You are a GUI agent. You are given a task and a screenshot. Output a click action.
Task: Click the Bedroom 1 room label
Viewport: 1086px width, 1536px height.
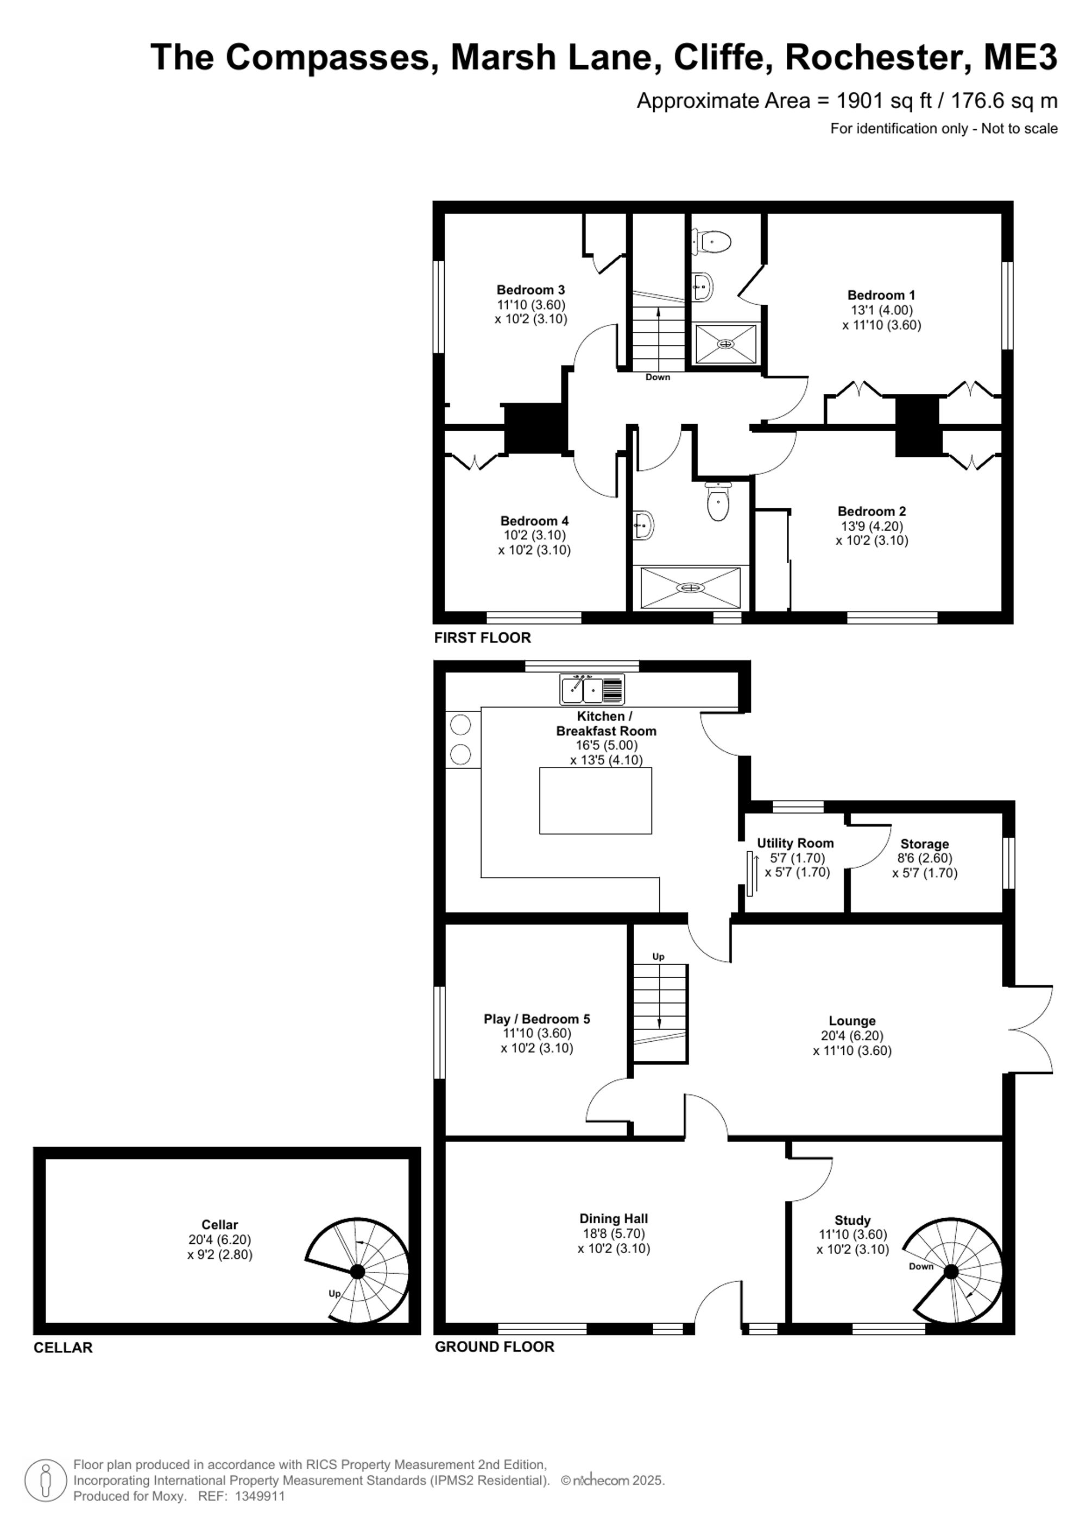coord(881,295)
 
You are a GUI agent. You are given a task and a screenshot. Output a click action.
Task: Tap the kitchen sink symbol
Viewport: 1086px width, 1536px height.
coord(592,690)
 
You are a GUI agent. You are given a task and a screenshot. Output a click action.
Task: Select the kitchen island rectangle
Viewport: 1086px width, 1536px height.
coord(595,800)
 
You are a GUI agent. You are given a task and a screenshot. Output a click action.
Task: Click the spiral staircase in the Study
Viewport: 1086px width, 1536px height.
coord(953,1271)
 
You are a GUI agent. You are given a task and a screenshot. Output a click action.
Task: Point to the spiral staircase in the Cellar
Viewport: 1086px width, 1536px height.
coord(358,1270)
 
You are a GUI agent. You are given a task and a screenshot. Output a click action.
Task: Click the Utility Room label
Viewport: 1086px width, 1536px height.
coord(795,843)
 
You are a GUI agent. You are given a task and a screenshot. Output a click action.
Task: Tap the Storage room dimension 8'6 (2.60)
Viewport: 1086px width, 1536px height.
coord(925,858)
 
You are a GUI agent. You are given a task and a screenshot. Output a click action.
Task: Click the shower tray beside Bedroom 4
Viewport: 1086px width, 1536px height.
coord(690,587)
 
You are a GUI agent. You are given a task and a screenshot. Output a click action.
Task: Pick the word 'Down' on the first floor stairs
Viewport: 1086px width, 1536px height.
coord(658,377)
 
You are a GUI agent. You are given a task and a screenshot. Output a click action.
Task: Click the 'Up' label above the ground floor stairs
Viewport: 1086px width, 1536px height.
coord(659,956)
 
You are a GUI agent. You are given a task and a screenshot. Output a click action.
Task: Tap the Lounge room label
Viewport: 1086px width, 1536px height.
coord(852,1021)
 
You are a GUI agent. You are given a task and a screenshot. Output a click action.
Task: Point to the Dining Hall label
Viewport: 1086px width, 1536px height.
coord(614,1219)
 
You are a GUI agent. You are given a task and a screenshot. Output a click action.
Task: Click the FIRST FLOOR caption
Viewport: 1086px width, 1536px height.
coord(482,638)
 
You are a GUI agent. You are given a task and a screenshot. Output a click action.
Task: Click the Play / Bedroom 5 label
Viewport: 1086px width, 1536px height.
coord(537,1019)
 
